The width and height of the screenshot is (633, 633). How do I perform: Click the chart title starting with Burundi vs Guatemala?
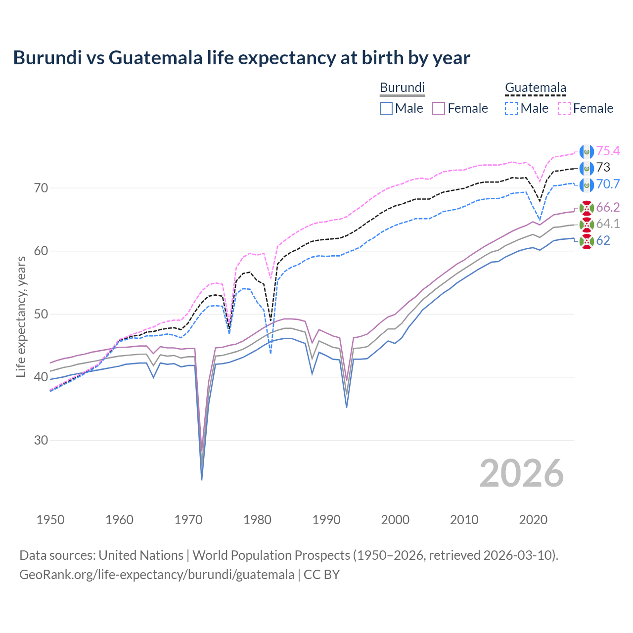pos(241,58)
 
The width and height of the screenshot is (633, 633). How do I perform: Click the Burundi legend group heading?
pos(402,88)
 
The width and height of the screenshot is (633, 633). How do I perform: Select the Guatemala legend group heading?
pos(535,88)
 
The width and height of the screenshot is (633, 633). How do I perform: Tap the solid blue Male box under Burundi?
pos(386,108)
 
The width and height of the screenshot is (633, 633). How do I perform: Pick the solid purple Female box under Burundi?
pos(439,108)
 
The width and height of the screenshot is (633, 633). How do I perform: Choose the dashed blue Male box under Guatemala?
pos(511,108)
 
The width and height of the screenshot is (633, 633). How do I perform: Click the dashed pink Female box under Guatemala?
pos(564,108)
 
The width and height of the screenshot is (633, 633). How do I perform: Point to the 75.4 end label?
pos(608,151)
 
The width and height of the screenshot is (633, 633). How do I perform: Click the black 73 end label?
pos(603,168)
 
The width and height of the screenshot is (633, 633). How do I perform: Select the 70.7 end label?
pos(608,184)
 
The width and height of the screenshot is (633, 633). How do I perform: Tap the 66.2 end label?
pos(608,207)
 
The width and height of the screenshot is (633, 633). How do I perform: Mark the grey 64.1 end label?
pos(608,224)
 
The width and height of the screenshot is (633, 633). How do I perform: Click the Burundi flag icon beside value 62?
pos(587,241)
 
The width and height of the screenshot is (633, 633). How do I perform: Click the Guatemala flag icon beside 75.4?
pos(587,151)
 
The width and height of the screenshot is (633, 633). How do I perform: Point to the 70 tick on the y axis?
pos(41,188)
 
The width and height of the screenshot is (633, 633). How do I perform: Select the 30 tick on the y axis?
pos(41,440)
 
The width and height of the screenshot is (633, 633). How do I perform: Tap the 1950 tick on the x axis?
pos(50,520)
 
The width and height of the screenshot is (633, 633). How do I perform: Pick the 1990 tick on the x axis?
pos(326,520)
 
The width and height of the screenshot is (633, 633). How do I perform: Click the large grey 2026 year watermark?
pos(521,473)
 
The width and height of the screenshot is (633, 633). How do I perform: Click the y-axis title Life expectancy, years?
pos(21,317)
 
